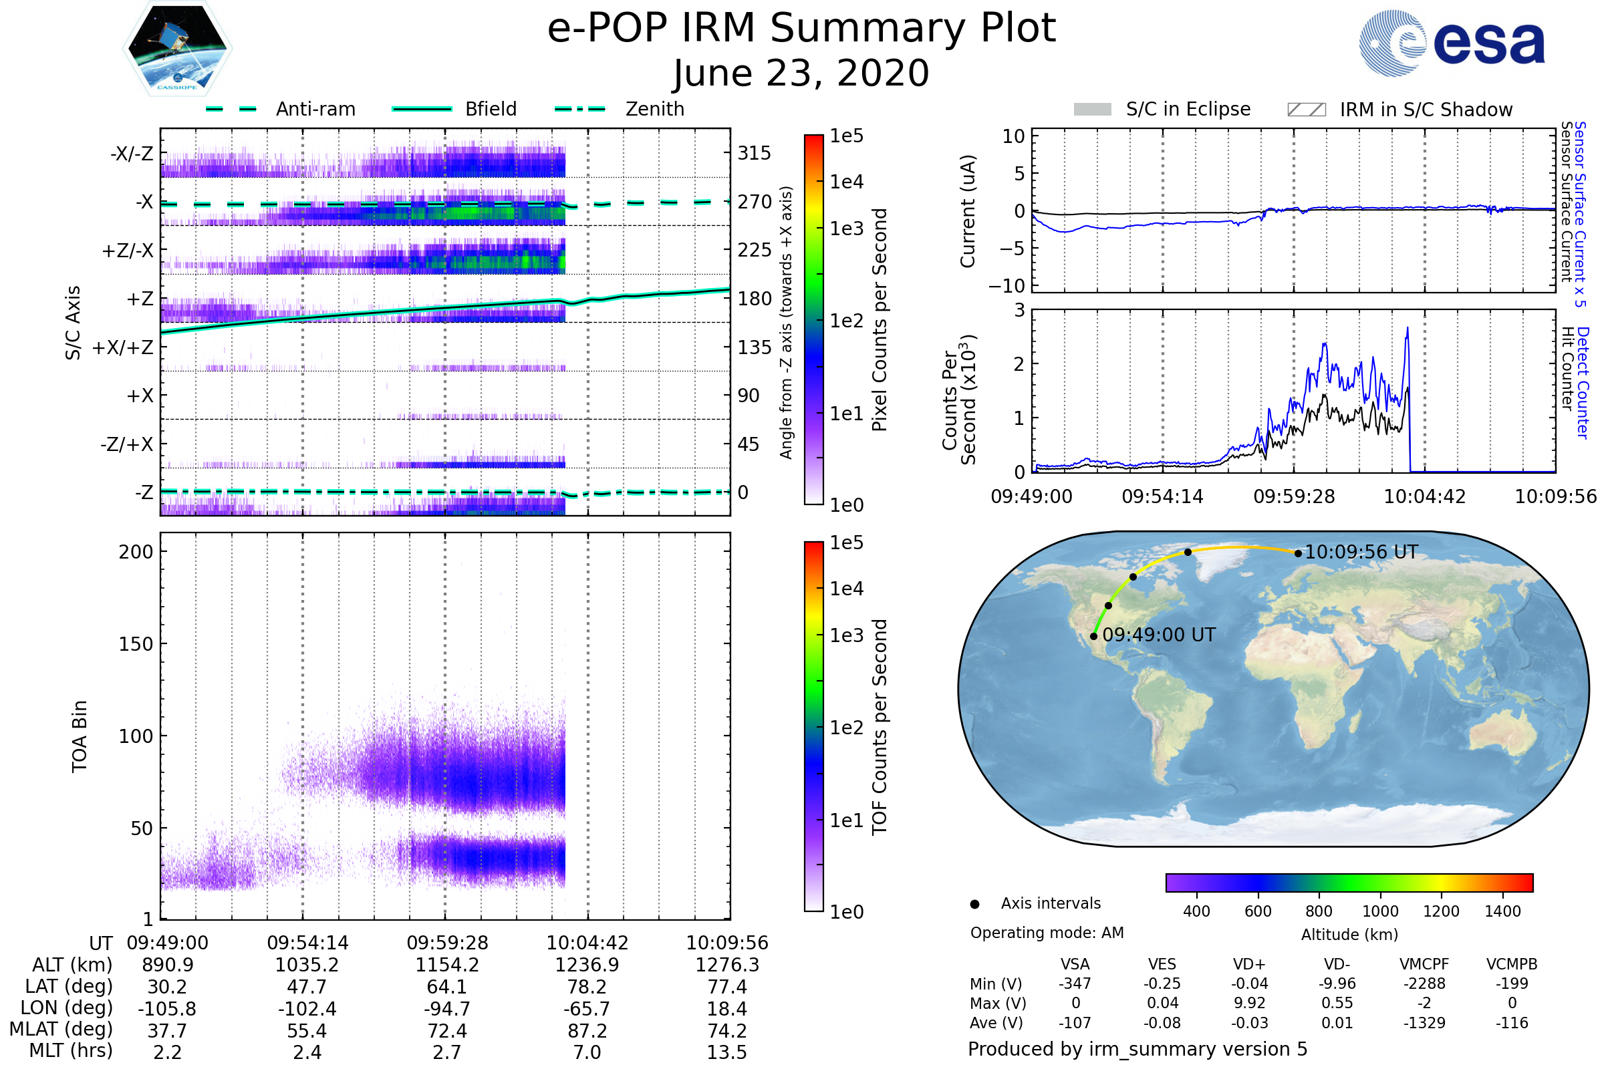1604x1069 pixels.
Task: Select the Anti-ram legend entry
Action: [x=315, y=109]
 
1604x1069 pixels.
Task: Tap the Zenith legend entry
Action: [x=654, y=109]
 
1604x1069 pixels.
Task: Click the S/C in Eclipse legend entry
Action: [x=1188, y=109]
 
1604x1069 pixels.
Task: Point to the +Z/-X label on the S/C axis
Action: [x=128, y=251]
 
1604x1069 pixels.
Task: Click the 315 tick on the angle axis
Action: [x=754, y=153]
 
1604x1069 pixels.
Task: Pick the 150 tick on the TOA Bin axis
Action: [x=136, y=644]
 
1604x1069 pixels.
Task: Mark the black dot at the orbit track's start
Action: [x=1094, y=637]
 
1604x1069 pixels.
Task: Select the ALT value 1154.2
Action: [x=446, y=965]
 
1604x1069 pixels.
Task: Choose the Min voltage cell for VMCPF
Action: [x=1424, y=983]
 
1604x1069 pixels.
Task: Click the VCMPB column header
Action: [x=1511, y=964]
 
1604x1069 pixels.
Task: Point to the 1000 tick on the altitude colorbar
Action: [x=1380, y=911]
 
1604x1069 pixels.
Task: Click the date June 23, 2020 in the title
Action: [x=801, y=73]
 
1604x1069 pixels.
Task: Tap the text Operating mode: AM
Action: [x=1046, y=933]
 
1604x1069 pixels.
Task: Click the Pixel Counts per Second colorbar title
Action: [x=880, y=319]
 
